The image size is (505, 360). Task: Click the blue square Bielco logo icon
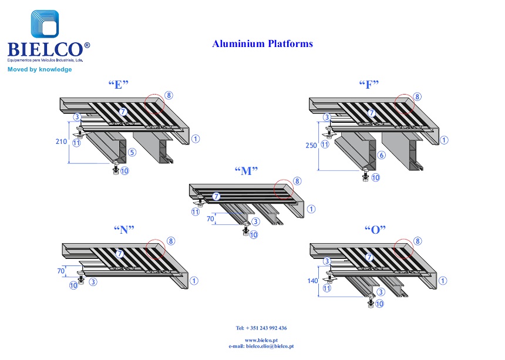45,24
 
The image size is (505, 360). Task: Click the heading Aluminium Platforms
262,44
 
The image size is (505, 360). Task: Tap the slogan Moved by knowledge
39,69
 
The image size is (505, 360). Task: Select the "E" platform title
119,85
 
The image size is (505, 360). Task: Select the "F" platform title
369,85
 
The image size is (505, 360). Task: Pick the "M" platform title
247,171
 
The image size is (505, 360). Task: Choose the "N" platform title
124,230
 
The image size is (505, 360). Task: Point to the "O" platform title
375,230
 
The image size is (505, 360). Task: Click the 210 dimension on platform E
61,142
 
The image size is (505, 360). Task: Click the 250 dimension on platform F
311,146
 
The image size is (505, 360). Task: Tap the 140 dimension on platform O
312,281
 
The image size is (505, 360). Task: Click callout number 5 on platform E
132,152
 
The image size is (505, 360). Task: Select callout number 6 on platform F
381,155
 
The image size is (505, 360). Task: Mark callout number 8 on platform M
297,181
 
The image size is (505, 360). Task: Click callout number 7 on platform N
120,254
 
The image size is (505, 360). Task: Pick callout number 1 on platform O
443,281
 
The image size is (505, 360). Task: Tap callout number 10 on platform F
376,177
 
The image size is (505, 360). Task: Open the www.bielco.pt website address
261,340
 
